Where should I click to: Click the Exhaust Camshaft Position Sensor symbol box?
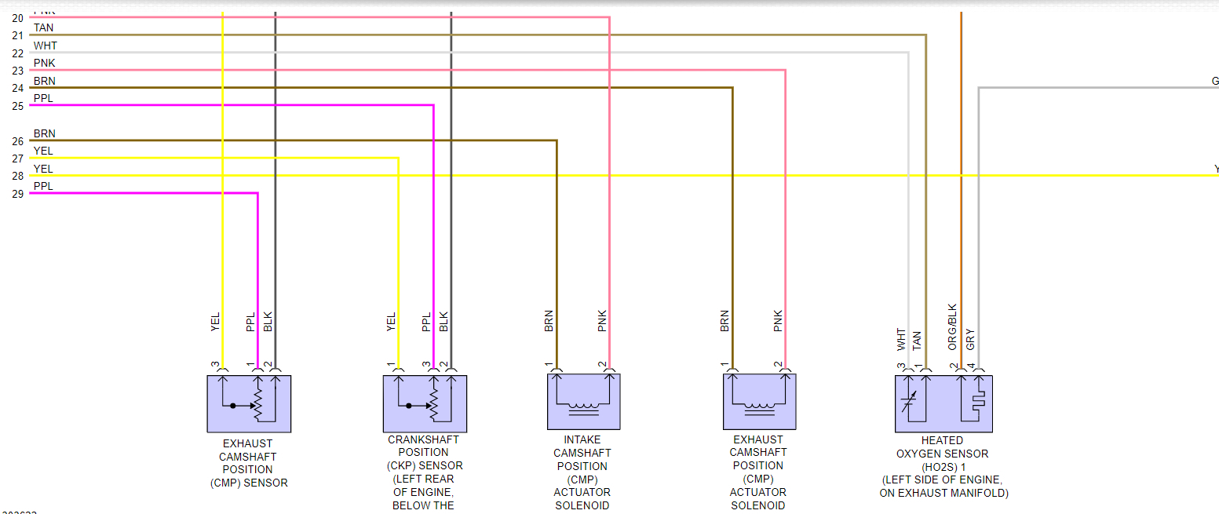249,403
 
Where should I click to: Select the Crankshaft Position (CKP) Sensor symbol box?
425,403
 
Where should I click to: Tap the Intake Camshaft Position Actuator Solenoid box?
583,402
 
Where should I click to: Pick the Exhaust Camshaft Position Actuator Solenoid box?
759,402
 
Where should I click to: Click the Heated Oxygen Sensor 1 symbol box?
943,403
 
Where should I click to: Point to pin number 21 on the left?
17,35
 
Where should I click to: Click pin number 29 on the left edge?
17,193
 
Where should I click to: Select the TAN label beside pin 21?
43,28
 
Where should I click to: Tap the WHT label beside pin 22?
45,46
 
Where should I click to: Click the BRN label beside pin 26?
44,133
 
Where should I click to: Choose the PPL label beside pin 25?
43,99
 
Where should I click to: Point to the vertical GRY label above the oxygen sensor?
971,340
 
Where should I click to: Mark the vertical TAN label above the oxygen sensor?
918,340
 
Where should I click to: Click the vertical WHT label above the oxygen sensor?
901,339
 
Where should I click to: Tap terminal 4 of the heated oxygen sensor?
971,366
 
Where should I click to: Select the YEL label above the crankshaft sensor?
391,322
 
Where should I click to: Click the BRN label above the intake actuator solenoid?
549,322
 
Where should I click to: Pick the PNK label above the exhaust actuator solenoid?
778,322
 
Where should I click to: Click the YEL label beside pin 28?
43,169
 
